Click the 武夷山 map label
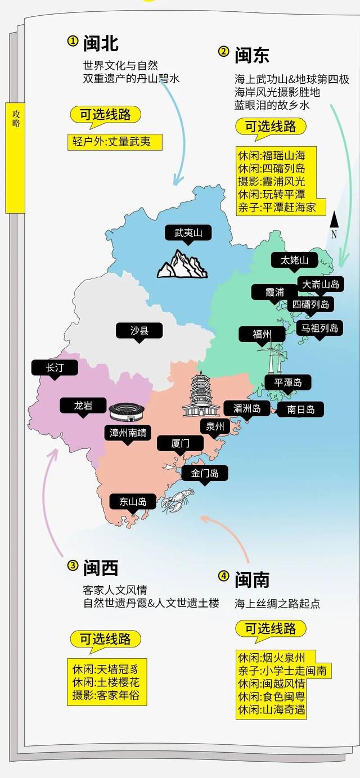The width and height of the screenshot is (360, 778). (188, 232)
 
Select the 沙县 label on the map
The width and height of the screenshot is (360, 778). (139, 330)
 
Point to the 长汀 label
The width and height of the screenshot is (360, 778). (55, 367)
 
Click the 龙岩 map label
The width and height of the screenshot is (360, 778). (83, 405)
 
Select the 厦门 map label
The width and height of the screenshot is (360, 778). (180, 443)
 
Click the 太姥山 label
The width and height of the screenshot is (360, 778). (295, 260)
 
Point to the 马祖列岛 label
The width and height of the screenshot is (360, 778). (319, 328)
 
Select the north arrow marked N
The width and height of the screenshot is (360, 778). (334, 224)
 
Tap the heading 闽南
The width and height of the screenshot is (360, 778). (251, 579)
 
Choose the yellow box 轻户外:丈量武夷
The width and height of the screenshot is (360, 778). (116, 141)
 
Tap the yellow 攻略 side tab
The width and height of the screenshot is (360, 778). (15, 158)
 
